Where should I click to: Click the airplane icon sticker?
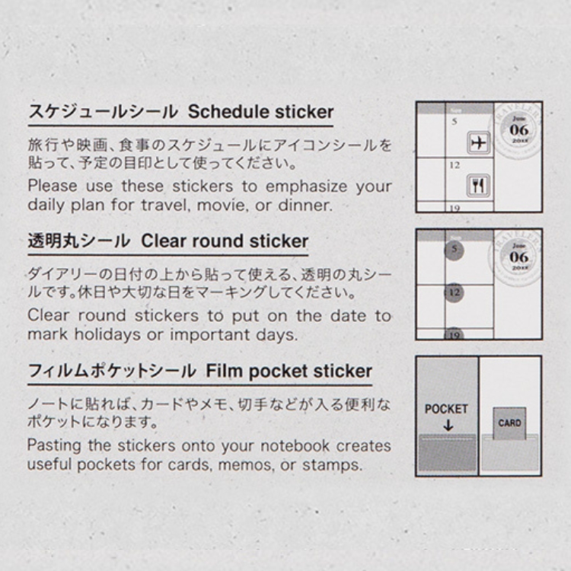coord(479,142)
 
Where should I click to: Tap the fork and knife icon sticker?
coord(478,186)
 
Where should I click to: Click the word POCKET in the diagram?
coord(446,409)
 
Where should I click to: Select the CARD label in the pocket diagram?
coord(509,423)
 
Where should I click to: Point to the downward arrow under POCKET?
coord(448,425)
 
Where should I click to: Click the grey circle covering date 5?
coord(454,250)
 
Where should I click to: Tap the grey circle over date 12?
coord(454,293)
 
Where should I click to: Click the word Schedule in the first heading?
coord(228,112)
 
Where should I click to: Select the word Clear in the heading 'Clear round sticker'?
coord(164,241)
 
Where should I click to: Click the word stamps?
coord(332,464)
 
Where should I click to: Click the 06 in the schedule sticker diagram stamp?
coord(519,129)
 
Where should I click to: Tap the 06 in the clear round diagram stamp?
coord(519,257)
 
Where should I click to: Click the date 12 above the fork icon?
coord(455,165)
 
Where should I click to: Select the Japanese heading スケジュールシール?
coord(104,112)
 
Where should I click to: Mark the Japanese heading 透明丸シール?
coord(79,241)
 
